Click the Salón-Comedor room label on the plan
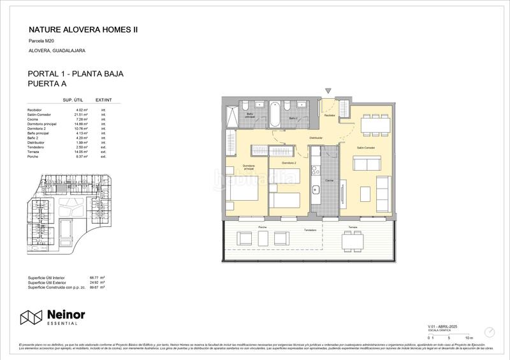365,147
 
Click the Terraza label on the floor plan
353,227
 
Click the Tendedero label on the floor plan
310,230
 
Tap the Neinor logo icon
31,317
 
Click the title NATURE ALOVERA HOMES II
83,30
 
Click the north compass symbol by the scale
490,331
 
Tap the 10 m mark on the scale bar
469,337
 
